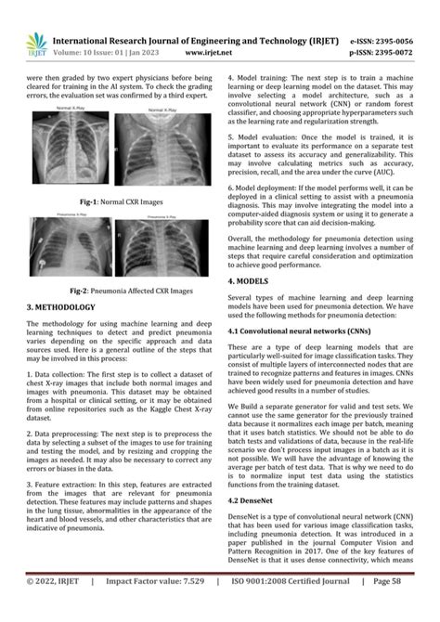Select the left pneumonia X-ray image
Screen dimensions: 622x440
coord(67,245)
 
